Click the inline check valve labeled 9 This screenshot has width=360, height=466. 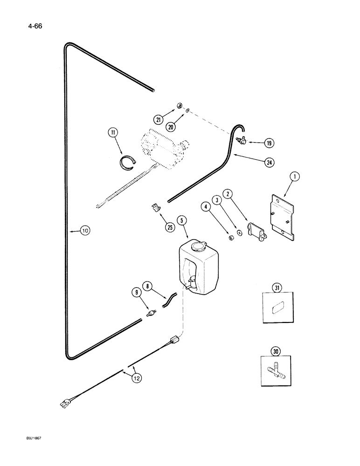pos(151,315)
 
